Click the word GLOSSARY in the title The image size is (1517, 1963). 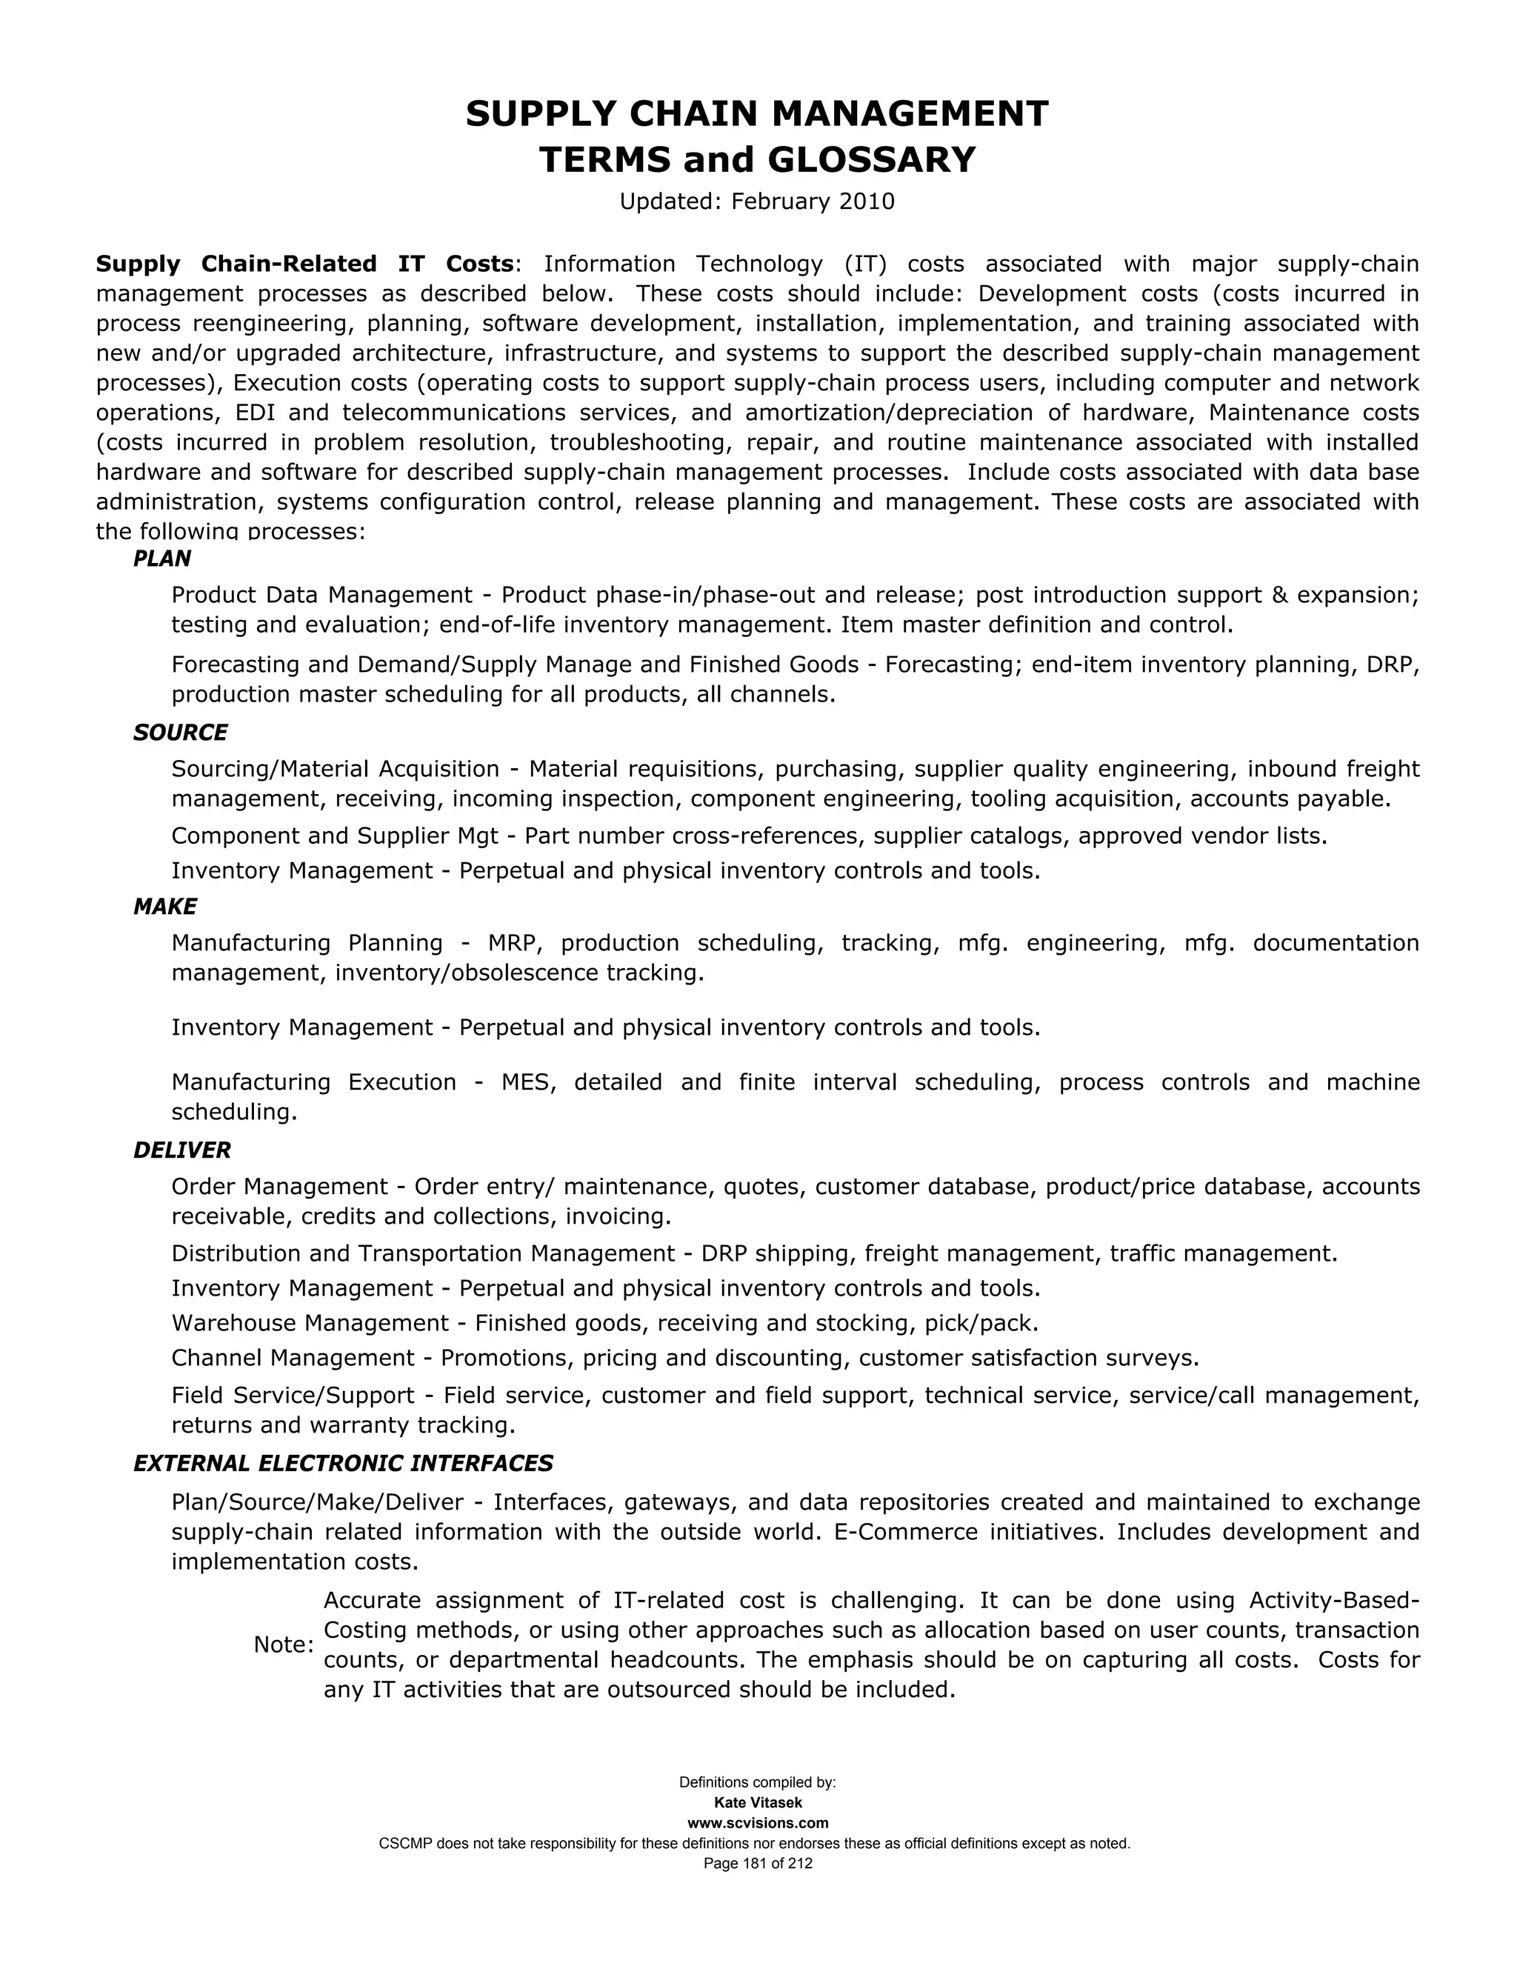(870, 160)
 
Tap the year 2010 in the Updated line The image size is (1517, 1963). (867, 201)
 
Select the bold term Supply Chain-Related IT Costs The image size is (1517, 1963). (304, 264)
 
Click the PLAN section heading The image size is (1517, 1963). (161, 559)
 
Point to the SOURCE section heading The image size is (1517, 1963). (180, 733)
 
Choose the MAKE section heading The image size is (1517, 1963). (164, 907)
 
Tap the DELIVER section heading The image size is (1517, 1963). (181, 1150)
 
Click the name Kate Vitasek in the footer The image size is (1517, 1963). (758, 1803)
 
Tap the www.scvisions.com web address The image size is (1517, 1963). (758, 1824)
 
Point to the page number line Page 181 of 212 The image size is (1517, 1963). (758, 1864)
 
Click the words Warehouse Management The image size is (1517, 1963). (309, 1323)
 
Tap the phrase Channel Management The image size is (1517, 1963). (293, 1358)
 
